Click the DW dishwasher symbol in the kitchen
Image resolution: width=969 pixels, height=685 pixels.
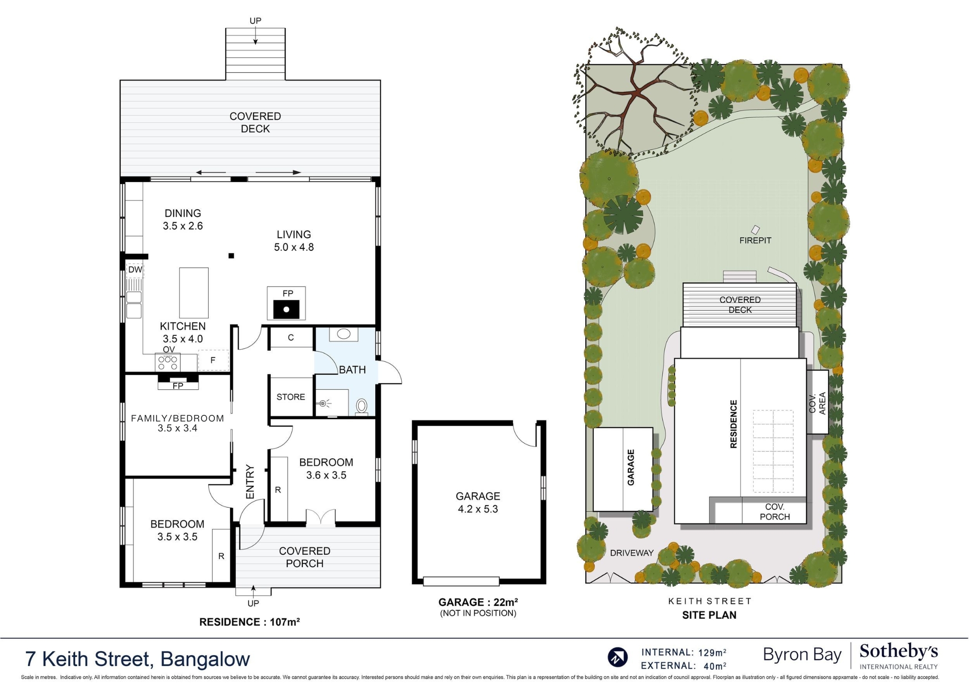click(x=135, y=270)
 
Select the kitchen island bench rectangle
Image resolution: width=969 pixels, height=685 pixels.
click(x=194, y=293)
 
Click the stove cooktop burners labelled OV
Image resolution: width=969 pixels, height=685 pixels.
click(x=168, y=363)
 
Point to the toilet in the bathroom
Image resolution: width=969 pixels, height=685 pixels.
click(x=361, y=406)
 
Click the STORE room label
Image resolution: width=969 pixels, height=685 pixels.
click(x=291, y=397)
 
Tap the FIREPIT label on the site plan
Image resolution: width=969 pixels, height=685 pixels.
click(x=755, y=240)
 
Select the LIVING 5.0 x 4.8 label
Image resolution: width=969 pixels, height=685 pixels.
click(x=294, y=241)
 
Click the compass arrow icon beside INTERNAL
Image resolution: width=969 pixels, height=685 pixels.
click(x=617, y=657)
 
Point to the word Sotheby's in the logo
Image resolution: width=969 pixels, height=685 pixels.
click(x=898, y=652)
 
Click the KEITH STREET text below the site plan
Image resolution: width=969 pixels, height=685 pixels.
click(x=709, y=601)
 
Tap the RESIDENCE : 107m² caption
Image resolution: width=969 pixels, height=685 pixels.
click(x=249, y=622)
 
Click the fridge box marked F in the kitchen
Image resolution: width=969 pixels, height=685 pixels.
click(x=213, y=360)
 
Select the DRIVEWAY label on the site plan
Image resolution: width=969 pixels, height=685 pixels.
click(x=632, y=553)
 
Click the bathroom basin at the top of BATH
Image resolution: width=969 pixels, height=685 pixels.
click(x=344, y=334)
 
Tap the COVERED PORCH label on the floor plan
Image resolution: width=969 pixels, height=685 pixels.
click(x=304, y=557)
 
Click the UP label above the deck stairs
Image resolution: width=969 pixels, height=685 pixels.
click(x=255, y=21)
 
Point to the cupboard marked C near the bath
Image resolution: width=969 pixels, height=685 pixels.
click(x=291, y=337)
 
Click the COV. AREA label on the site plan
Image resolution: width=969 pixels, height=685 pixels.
click(x=817, y=403)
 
